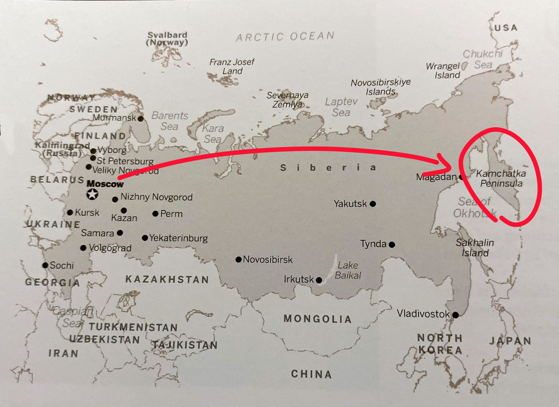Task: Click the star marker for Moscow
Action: click(x=93, y=194)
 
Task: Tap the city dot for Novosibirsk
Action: click(x=239, y=260)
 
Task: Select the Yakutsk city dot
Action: click(x=373, y=203)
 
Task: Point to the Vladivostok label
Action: click(x=423, y=314)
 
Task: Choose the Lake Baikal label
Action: click(x=348, y=270)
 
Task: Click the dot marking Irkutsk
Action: click(x=319, y=280)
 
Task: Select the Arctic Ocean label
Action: click(x=285, y=36)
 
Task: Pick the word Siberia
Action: click(x=328, y=168)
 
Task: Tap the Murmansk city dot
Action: click(x=141, y=118)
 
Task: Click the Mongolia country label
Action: click(x=317, y=319)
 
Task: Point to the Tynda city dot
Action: click(x=392, y=244)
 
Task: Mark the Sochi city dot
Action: click(x=45, y=265)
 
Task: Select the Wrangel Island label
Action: click(x=443, y=71)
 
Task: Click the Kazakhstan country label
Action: click(x=167, y=280)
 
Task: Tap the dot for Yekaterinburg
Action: click(x=145, y=238)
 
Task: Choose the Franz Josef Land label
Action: click(x=232, y=67)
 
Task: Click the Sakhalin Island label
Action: click(x=475, y=248)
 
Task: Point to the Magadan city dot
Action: click(x=461, y=177)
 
